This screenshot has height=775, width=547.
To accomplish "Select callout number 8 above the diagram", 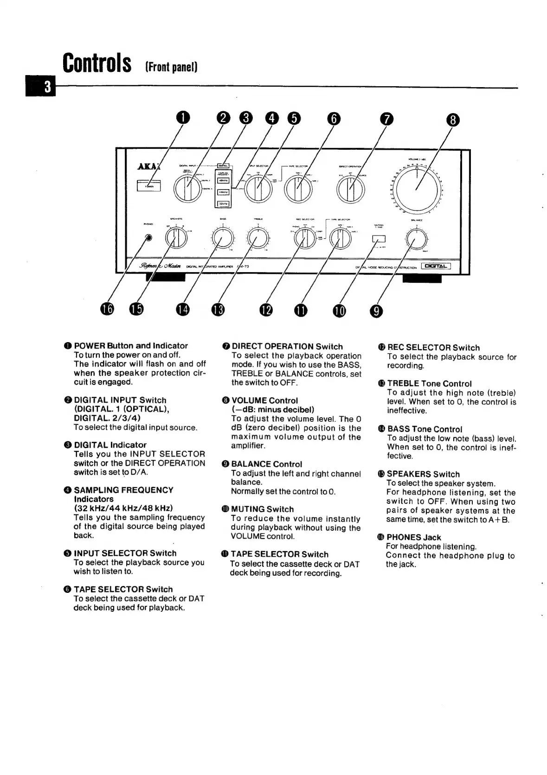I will (x=452, y=121).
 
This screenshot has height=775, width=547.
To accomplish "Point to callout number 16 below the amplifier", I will (x=108, y=309).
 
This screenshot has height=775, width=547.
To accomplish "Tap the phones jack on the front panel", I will (x=148, y=238).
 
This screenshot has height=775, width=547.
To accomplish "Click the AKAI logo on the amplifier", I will (x=148, y=167).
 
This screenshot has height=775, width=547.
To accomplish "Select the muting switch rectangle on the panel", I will (x=379, y=239).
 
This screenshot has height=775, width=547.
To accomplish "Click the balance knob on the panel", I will (x=417, y=239).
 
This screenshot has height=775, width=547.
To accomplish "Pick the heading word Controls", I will (x=97, y=63).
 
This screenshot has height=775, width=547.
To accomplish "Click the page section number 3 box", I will (x=47, y=87).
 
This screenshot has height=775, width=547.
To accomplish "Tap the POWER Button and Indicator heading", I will (x=131, y=345).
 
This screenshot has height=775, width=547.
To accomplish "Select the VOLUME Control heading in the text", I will (x=264, y=400).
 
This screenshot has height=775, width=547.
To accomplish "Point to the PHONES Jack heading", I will (x=413, y=537).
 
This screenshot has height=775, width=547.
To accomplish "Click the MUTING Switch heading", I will (x=262, y=509).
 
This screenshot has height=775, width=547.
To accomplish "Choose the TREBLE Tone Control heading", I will (x=429, y=383).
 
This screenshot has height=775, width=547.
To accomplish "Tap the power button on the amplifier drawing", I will (x=148, y=185).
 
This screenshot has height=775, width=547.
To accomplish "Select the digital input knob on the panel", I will (x=187, y=189).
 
